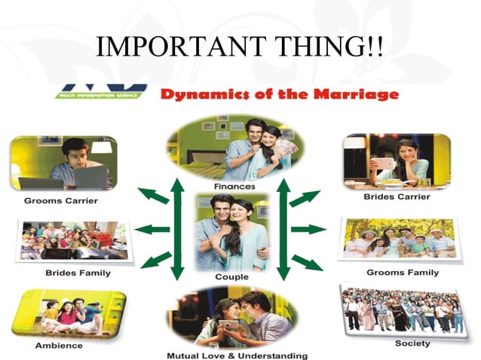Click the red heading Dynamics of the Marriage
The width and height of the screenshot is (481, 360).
point(280,95)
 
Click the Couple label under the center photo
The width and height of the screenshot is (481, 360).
point(231,276)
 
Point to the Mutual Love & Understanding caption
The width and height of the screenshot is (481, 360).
point(237,354)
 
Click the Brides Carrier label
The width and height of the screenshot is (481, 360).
point(398,197)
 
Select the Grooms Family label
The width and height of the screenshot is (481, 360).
point(402,272)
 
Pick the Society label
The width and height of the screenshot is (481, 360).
point(412,343)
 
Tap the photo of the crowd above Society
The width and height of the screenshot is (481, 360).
point(403,310)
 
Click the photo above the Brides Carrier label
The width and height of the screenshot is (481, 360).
point(397,160)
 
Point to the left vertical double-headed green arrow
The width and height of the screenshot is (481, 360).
point(178,229)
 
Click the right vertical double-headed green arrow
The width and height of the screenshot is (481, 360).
point(284,229)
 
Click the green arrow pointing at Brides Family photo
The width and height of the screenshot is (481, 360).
point(155,229)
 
